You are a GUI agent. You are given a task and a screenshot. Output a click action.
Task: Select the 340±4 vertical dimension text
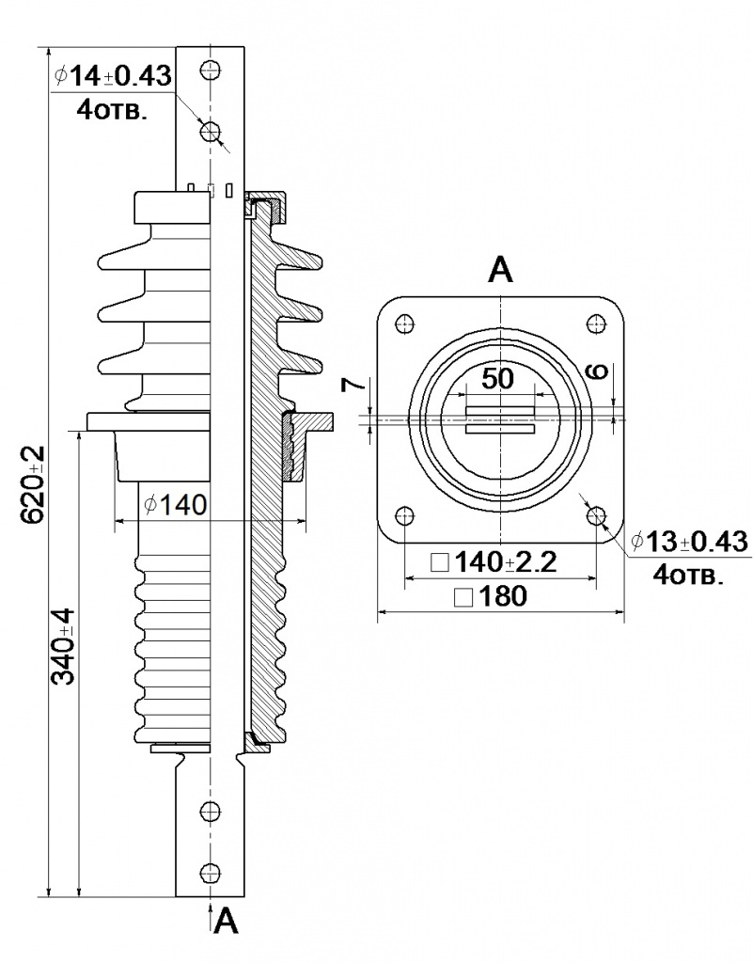[x=64, y=650]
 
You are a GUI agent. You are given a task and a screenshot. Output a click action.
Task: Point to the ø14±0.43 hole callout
[x=113, y=76]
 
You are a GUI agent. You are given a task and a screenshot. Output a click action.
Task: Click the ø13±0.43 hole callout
[x=688, y=542]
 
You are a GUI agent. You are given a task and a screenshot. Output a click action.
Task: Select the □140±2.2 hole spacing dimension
[x=494, y=563]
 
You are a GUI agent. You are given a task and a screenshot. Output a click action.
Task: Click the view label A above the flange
[x=500, y=271]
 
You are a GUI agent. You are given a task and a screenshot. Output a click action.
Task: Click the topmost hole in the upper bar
[x=211, y=70]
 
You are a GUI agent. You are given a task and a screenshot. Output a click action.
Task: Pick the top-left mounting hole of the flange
[x=405, y=324]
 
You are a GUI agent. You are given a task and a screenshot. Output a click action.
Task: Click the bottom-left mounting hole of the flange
[x=405, y=516]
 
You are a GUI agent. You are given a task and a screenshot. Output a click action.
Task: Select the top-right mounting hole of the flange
[x=596, y=324]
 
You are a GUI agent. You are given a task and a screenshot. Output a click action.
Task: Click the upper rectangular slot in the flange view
[x=501, y=411]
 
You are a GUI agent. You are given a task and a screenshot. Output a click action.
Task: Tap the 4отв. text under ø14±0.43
[x=111, y=109]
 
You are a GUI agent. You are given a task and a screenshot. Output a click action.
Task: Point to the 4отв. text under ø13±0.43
[x=689, y=575]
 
